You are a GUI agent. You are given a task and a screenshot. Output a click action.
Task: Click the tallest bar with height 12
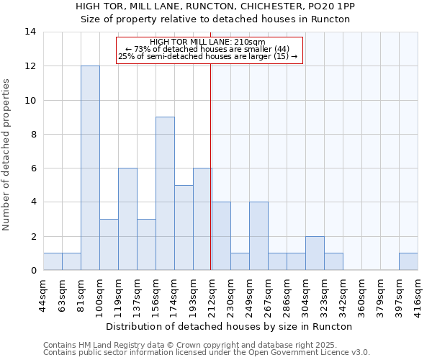90,168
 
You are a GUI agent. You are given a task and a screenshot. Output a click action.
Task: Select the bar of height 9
165,194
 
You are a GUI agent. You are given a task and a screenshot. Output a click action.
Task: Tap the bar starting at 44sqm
53,261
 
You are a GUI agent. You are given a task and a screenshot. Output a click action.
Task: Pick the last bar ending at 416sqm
408,261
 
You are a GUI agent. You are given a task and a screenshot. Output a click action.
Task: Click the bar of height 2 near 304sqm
315,253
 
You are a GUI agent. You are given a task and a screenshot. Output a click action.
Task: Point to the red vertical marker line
210,158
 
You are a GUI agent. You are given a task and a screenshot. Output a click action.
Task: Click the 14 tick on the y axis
31,32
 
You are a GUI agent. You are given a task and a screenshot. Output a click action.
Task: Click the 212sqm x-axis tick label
212,294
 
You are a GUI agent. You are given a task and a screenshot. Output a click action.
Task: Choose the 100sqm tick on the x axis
99,294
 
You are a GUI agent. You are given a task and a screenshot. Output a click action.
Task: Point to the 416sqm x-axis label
418,294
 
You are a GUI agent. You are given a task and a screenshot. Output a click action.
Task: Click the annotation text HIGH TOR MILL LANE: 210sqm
208,42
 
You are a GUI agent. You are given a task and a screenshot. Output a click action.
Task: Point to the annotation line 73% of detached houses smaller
208,49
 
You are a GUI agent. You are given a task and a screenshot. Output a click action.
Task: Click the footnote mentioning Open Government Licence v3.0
207,353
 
